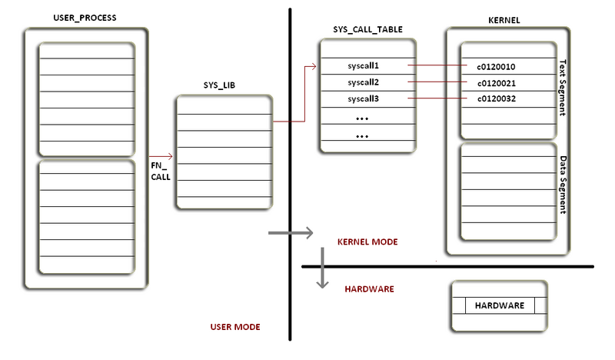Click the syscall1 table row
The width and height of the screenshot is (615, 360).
point(364,65)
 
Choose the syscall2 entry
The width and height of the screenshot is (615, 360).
point(364,82)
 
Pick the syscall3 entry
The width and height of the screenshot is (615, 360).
point(364,99)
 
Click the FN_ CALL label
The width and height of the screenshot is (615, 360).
point(160,170)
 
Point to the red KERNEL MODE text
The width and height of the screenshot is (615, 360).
point(367,242)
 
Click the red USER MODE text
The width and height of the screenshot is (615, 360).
point(235,327)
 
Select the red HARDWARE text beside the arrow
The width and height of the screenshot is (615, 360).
point(369,289)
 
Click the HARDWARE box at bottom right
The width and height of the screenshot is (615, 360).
point(500,305)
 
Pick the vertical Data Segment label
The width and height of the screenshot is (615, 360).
point(563,185)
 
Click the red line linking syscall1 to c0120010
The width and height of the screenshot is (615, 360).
point(437,65)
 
